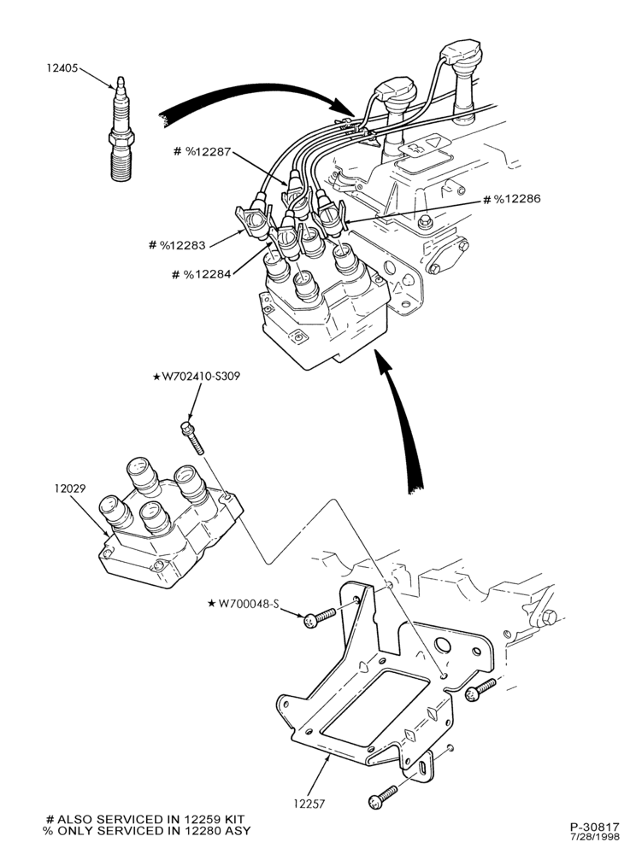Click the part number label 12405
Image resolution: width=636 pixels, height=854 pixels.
pos(62,68)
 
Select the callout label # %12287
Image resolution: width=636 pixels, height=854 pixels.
pos(202,151)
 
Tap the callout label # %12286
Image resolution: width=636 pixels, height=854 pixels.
pos(512,199)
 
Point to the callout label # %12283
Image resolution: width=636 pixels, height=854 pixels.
pos(177,245)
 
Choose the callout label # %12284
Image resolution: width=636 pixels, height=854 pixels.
pos(201,274)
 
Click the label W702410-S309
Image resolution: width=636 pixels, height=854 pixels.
pos(197,377)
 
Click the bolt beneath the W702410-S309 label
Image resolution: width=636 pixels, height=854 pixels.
pos(191,436)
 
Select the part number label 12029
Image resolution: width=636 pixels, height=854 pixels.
pos(70,488)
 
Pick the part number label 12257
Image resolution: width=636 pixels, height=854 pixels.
pos(309,804)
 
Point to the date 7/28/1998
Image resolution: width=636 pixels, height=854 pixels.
pos(596,837)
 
